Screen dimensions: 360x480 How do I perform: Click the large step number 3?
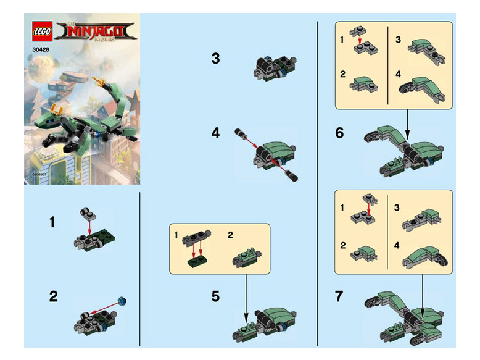tap(215, 59)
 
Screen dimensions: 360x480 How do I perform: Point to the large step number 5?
tap(215, 296)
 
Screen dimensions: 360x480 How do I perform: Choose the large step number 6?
tap(339, 133)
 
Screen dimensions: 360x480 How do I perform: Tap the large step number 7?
tap(339, 296)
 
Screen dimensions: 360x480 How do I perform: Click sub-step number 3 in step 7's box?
tap(398, 209)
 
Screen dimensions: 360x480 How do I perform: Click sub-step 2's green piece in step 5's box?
tap(245, 257)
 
